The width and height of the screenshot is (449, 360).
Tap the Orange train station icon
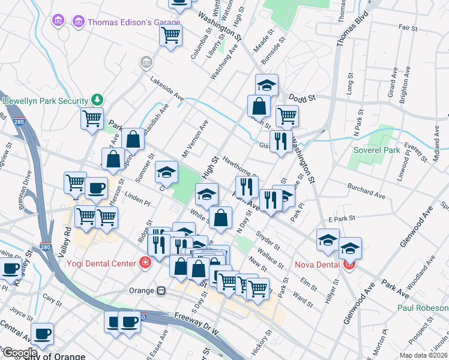point(161,291)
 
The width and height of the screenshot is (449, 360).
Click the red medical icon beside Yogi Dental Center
point(144,263)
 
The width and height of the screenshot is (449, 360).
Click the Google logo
point(20,353)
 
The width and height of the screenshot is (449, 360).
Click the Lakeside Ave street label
point(167,88)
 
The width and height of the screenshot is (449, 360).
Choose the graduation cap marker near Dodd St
point(267,85)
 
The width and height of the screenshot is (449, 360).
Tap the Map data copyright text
point(424,355)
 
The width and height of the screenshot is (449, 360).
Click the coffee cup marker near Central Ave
point(42,334)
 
